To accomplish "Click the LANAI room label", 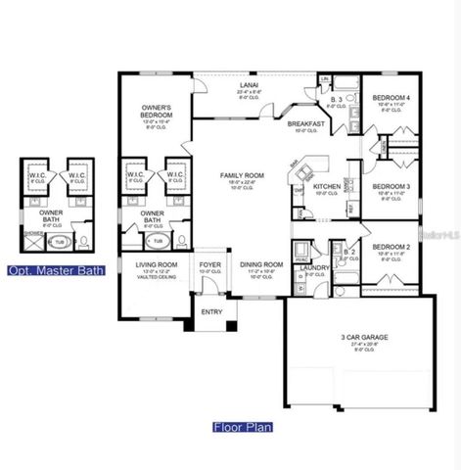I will point(249,85).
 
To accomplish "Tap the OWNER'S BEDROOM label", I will point(158,110).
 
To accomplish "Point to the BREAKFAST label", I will point(305,124).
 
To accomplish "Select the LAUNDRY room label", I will point(313,266).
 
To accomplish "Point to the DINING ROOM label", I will point(261,263).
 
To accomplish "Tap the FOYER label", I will point(209,263).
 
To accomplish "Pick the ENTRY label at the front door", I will point(211,312).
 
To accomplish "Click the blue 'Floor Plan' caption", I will point(243,427).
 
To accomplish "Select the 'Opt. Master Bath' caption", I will point(48,270).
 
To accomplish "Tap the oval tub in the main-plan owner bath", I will point(156,237).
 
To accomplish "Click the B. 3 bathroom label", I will point(335,101).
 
